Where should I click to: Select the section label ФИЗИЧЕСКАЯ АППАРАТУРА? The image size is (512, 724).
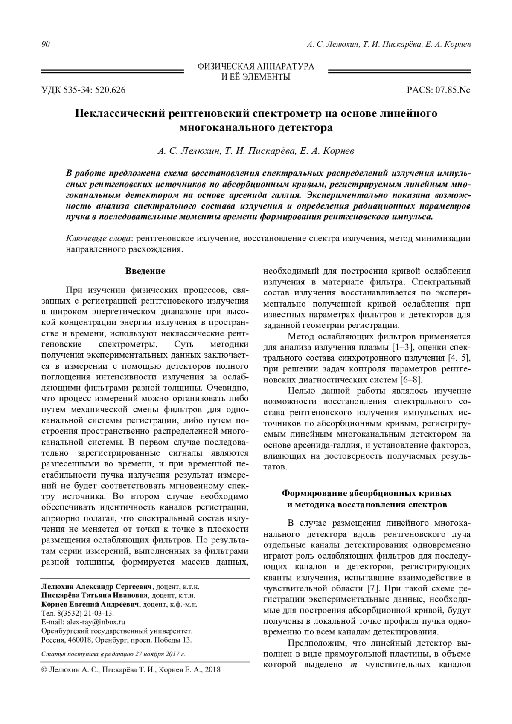coord(256,67)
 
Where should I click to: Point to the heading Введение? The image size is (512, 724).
coord(145,271)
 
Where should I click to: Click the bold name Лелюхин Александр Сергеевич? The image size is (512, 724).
coord(96,586)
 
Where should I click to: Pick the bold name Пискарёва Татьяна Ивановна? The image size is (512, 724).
coord(94,595)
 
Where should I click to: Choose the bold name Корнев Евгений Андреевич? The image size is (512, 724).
coord(90,604)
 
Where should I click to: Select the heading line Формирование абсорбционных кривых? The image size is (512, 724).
coord(367,494)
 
